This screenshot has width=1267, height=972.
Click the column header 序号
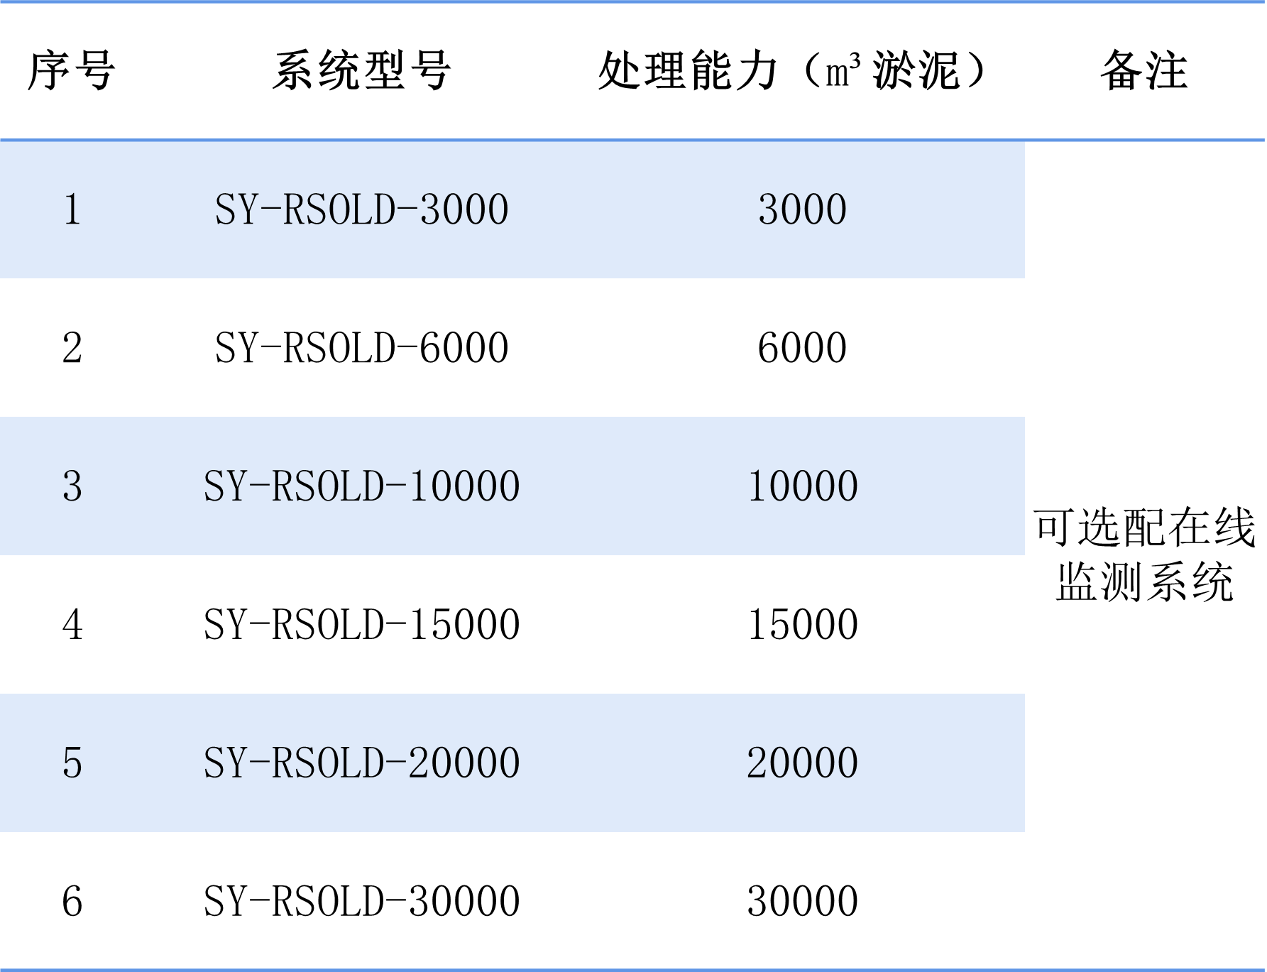[72, 71]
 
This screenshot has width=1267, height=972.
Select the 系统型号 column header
[361, 71]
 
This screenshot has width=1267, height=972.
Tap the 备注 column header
[1144, 71]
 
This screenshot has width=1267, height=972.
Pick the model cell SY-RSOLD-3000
[362, 209]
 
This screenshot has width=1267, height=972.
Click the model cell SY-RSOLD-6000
[362, 348]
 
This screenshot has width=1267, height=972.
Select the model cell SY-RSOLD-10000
[362, 486]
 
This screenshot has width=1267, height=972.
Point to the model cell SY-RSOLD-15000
[362, 625]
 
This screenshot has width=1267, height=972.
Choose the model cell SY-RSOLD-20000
[362, 763]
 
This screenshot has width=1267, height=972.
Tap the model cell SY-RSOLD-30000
[362, 902]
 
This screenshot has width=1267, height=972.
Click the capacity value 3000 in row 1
[803, 209]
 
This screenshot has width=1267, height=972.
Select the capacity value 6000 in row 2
[803, 348]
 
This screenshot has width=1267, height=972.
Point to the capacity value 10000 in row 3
[803, 486]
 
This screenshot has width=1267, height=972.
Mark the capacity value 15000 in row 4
[803, 625]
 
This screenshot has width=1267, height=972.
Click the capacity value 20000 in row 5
[803, 763]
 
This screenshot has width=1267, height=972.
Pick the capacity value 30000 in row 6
[803, 902]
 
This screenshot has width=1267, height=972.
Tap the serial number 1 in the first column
[72, 209]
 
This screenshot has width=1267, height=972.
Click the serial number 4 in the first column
[72, 625]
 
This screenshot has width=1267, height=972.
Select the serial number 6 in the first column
[72, 902]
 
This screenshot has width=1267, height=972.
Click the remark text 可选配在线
[1144, 528]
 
